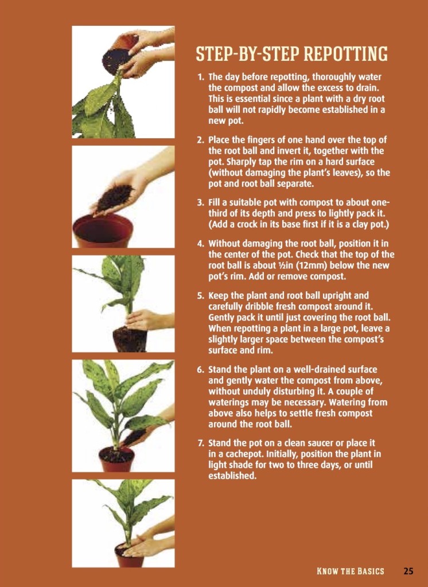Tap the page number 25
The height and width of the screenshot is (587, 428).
[408, 571]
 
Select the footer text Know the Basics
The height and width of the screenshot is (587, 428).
[350, 571]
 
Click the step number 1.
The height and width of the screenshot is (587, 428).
[200, 76]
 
